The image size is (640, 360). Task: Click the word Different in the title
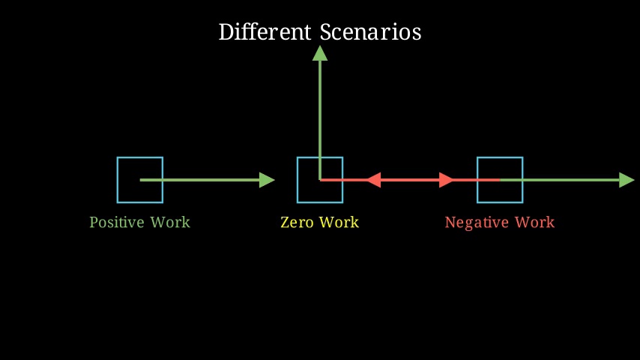click(x=265, y=31)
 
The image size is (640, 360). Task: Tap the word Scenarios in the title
click(x=371, y=31)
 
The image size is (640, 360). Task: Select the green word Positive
click(x=117, y=222)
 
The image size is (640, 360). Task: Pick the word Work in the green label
click(x=170, y=222)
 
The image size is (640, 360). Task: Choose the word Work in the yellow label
click(x=339, y=222)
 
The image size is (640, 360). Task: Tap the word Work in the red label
click(x=534, y=222)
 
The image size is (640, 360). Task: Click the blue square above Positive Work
click(x=117, y=180)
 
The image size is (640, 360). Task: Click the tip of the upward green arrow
click(x=320, y=46)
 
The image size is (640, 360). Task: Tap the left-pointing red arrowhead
click(x=373, y=180)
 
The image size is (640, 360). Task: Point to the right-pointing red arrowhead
click(x=446, y=180)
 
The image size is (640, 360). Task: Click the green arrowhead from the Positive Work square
click(x=267, y=180)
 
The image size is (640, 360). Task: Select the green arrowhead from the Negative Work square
click(x=627, y=180)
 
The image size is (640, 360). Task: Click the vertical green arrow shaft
click(x=320, y=120)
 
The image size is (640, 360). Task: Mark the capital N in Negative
click(x=450, y=222)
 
